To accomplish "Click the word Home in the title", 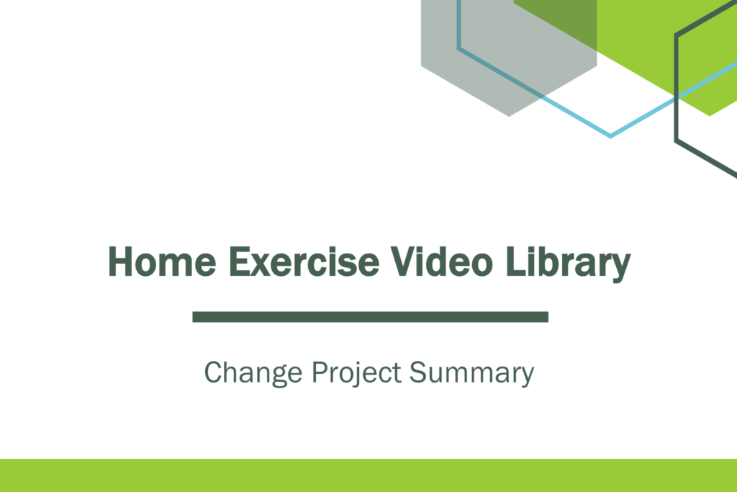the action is pos(162,261).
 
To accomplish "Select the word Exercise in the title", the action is pos(304,261).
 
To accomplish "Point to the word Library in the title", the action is pos(569,264).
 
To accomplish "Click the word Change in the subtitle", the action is pos(253,373).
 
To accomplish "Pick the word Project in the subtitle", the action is pos(357,373).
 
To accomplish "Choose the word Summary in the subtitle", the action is pos(472,373).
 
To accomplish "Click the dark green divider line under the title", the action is pos(371,316).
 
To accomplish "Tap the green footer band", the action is pos(368,475).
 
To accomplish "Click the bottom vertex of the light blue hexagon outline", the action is pos(610,137).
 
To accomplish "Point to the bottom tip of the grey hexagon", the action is pos(509,116).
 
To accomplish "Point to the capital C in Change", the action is pos(214,372).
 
